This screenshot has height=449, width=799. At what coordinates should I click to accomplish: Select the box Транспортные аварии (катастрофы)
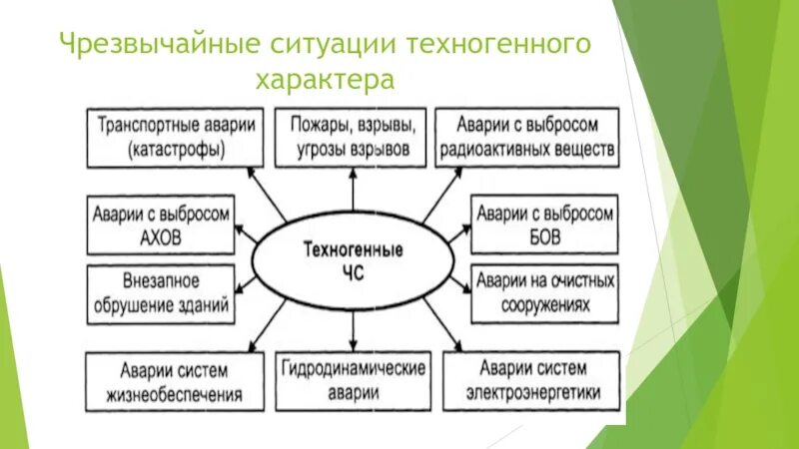pos(175,138)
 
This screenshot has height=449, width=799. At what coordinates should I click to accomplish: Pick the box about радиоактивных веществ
pos(528,138)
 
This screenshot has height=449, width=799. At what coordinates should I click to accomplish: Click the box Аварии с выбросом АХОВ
pos(159,225)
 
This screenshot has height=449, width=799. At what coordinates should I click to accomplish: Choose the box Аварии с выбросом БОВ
pos(545,225)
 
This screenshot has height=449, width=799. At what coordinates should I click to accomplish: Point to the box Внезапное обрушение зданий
pos(159,293)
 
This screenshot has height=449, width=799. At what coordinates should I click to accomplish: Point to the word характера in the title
pos(326,79)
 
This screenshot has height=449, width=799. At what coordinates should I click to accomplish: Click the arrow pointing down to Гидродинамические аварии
pos(353,329)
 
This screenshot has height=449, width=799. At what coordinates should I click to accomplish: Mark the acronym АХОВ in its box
pos(160,238)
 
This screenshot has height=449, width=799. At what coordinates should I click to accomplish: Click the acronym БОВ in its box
pos(545,238)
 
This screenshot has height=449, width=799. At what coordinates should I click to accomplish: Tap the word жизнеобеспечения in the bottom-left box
pos(175,393)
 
